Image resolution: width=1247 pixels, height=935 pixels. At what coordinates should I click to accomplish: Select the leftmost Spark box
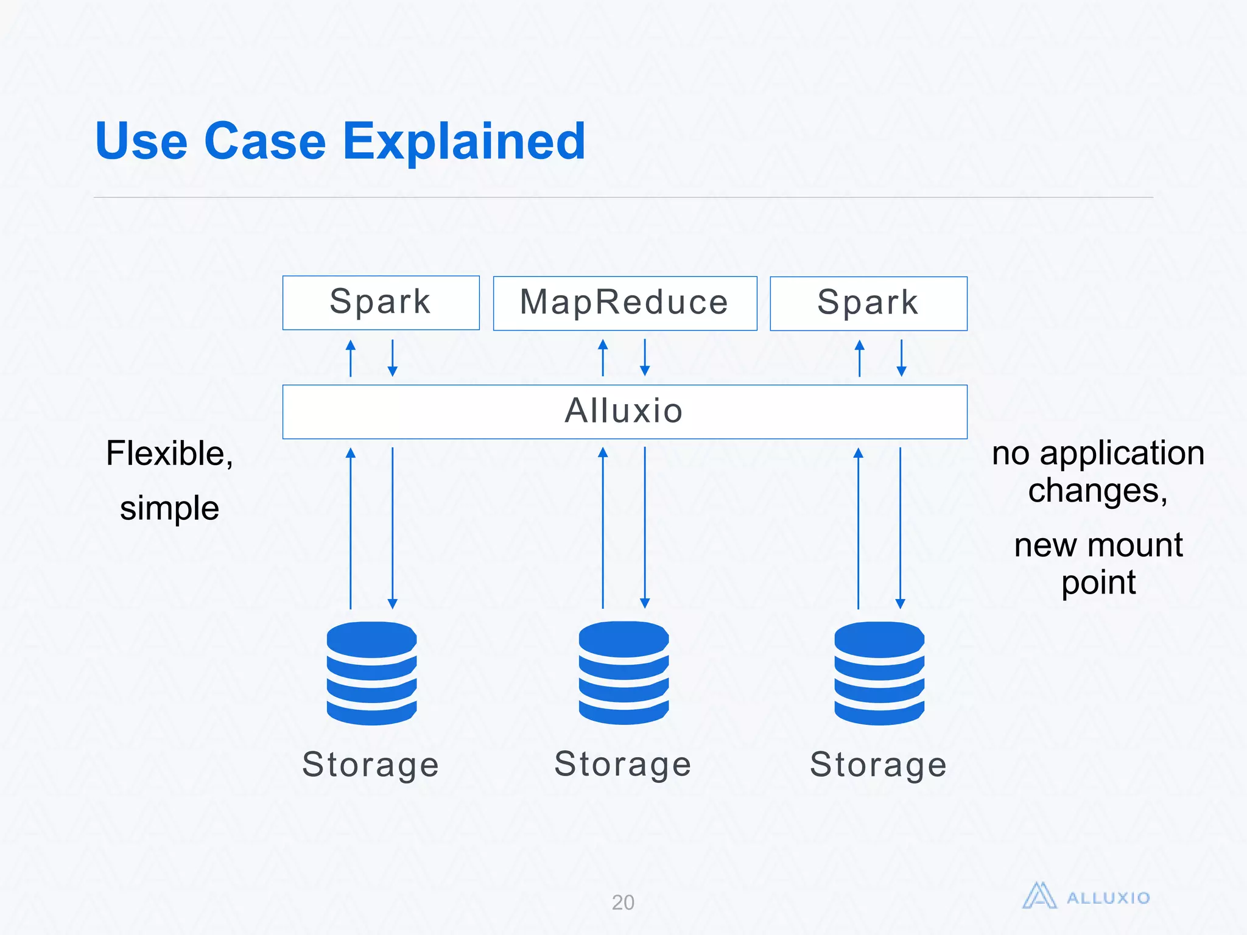pos(381,303)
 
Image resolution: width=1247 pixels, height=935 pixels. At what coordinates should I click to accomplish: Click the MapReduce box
pos(625,303)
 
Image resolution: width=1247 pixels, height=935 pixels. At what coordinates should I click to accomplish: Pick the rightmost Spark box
pos(868,303)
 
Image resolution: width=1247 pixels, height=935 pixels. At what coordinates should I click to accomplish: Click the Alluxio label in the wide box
pos(624,411)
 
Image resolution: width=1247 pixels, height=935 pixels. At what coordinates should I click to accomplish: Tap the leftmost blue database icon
pos(371,673)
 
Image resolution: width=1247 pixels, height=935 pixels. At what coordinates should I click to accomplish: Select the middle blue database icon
pos(623,673)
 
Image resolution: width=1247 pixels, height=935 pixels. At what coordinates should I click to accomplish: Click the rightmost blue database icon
pos(879,673)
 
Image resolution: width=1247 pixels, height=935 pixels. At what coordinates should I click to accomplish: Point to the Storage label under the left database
pos(370,765)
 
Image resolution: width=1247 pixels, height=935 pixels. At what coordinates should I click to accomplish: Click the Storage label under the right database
pos(878,765)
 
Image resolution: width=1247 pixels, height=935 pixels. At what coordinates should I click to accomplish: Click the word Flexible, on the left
pos(169,454)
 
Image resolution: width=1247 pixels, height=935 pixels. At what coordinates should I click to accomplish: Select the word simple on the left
pos(169,508)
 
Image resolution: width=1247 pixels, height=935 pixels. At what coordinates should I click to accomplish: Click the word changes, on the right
pos(1098,491)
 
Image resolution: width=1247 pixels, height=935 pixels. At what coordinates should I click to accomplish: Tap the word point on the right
pos(1098,583)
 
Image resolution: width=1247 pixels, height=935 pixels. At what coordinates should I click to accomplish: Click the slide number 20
pos(623,902)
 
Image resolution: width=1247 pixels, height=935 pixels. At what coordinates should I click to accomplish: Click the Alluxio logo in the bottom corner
pos(1086,897)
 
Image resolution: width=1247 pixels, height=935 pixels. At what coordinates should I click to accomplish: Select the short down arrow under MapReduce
pos(645,358)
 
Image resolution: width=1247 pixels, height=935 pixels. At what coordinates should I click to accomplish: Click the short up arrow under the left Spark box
pos(351,358)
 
